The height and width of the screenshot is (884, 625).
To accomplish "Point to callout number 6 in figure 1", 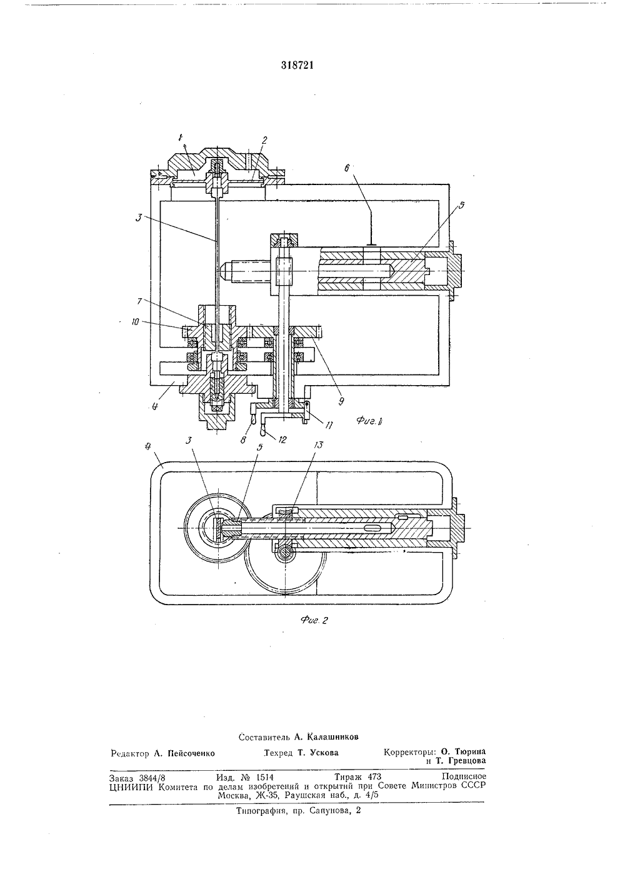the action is click(x=347, y=168).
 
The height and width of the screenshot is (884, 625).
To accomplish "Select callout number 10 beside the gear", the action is click(x=135, y=322).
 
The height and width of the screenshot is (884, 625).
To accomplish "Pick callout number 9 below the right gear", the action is click(x=341, y=401).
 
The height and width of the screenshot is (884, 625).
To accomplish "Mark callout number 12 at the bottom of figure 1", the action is click(x=282, y=439).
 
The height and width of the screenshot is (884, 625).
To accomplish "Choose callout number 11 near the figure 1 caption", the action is click(x=329, y=424).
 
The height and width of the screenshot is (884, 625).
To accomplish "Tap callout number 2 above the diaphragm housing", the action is click(x=264, y=140).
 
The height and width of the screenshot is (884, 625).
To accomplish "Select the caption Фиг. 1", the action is click(x=371, y=421).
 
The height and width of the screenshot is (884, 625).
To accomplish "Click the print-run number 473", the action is click(x=374, y=777).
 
